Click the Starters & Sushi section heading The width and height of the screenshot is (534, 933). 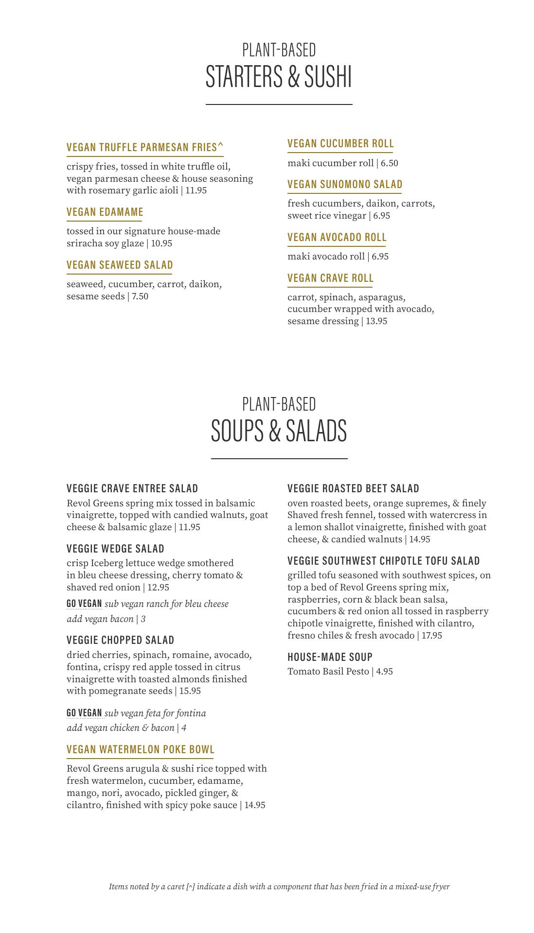[x=279, y=76]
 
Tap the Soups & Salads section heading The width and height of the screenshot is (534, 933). [x=279, y=431]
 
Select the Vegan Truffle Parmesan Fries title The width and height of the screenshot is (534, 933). [x=145, y=147]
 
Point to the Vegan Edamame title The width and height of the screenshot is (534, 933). [x=105, y=212]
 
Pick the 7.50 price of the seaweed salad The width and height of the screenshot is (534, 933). [x=140, y=296]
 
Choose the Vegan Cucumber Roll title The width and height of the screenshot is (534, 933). [x=340, y=143]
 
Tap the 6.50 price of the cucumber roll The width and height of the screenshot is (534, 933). [x=390, y=163]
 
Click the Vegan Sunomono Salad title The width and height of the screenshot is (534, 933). [x=345, y=184]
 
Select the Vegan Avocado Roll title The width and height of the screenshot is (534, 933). [x=337, y=237]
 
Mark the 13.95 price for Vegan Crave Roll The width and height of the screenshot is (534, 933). [x=376, y=321]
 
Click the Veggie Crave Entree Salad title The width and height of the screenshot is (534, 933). [x=132, y=488]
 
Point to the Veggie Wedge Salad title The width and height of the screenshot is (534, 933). [x=115, y=549]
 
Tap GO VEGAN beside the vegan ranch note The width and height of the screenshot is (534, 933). [x=84, y=604]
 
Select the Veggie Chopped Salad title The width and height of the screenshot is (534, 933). [x=120, y=640]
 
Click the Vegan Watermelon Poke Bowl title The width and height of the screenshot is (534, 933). [x=141, y=749]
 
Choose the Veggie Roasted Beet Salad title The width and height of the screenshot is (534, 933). [x=353, y=488]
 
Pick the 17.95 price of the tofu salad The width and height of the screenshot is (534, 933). [x=432, y=636]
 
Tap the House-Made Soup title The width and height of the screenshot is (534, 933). [x=330, y=657]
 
